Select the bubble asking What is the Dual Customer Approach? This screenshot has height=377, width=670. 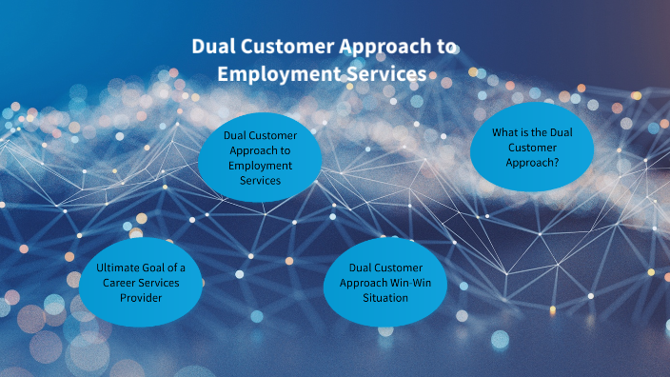[x=532, y=147]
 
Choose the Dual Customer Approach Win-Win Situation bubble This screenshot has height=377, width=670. [x=385, y=283]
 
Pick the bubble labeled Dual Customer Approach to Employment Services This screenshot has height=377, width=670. [x=260, y=157]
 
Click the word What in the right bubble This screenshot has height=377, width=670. [x=504, y=132]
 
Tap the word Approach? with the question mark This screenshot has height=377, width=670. [x=532, y=162]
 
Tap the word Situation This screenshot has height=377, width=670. [x=385, y=298]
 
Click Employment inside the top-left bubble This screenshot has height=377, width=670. [x=260, y=165]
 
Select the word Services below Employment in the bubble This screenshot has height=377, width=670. [x=260, y=180]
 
